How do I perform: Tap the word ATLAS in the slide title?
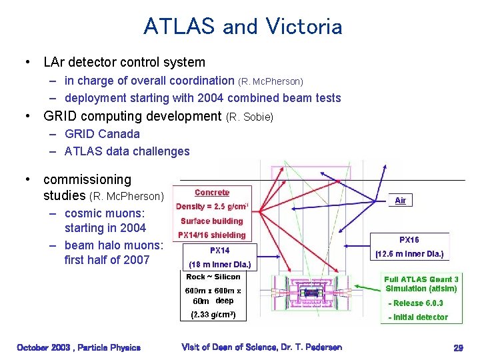(x=179, y=27)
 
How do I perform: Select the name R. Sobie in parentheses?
(x=250, y=117)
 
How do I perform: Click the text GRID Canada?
(x=102, y=133)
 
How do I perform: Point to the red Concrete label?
(x=212, y=193)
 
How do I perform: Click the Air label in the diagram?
(x=401, y=201)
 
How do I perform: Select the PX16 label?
(x=409, y=239)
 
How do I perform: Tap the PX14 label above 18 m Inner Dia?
(x=220, y=251)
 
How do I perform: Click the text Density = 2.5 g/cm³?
(x=212, y=207)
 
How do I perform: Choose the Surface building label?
(x=212, y=221)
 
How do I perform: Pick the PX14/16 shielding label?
(x=212, y=235)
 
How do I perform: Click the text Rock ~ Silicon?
(x=213, y=277)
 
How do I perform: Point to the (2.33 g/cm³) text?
(x=213, y=314)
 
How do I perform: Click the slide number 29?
(x=458, y=347)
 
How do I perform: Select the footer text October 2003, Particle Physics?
(x=79, y=347)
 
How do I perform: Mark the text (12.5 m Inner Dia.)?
(x=409, y=254)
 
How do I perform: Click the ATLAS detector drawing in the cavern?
(x=309, y=293)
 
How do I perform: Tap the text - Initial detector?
(x=418, y=317)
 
